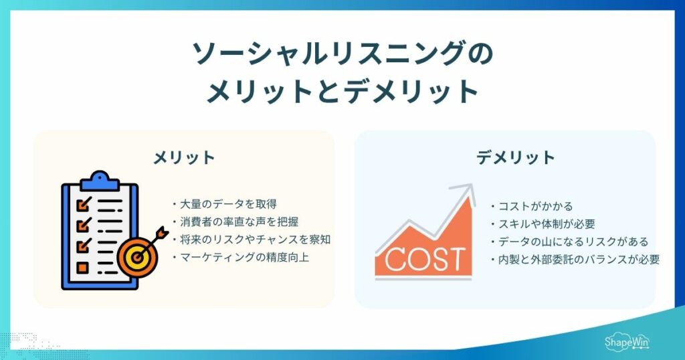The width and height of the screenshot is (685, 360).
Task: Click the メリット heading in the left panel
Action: pyautogui.click(x=184, y=157)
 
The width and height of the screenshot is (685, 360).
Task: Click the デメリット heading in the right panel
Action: pyautogui.click(x=516, y=157)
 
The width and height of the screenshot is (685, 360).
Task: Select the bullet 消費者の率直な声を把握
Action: pyautogui.click(x=235, y=222)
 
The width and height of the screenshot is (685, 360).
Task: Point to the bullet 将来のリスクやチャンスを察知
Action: pyautogui.click(x=252, y=240)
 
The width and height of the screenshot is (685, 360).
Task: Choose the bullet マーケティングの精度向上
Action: pyautogui.click(x=241, y=258)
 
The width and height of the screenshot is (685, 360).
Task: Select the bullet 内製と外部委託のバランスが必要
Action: pyautogui.click(x=575, y=260)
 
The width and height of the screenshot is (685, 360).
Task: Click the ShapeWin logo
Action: pyautogui.click(x=627, y=342)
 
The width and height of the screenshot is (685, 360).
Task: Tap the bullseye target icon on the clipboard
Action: pyautogui.click(x=137, y=257)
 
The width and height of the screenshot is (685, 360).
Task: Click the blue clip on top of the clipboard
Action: pyautogui.click(x=100, y=181)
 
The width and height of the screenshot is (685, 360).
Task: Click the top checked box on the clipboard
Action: pyautogui.click(x=84, y=204)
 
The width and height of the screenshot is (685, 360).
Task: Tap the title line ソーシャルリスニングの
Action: pyautogui.click(x=342, y=53)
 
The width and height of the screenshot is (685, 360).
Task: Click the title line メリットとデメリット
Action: pyautogui.click(x=342, y=91)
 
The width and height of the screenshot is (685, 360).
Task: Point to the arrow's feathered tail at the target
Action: pyautogui.click(x=163, y=233)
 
